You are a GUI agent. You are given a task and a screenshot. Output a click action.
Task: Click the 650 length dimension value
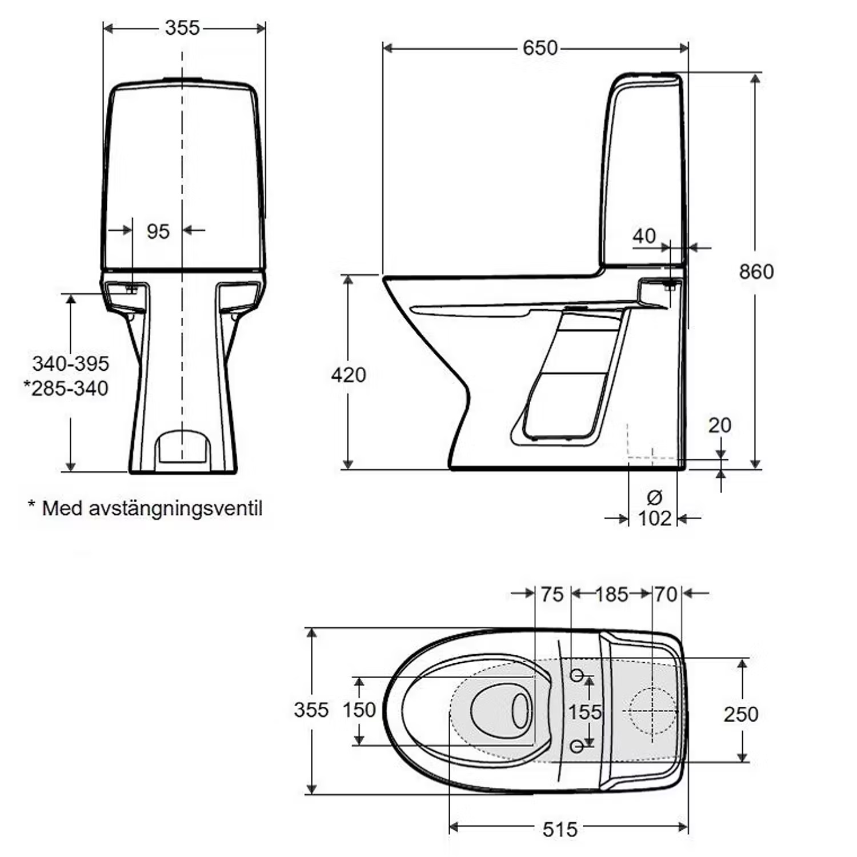click(x=540, y=48)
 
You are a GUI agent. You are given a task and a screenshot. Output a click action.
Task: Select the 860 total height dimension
click(x=756, y=271)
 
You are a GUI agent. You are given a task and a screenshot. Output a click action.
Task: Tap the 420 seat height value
click(x=349, y=375)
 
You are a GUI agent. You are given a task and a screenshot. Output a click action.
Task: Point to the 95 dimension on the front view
click(x=158, y=231)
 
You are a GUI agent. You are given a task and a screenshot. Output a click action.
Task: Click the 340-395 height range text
click(x=70, y=363)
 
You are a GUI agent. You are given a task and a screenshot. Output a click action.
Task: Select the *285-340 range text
click(x=66, y=389)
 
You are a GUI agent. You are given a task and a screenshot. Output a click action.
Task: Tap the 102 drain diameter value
click(x=654, y=519)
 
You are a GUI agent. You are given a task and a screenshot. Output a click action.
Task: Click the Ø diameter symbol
click(x=655, y=498)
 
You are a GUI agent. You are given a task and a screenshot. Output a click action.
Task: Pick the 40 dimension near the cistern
click(x=644, y=236)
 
